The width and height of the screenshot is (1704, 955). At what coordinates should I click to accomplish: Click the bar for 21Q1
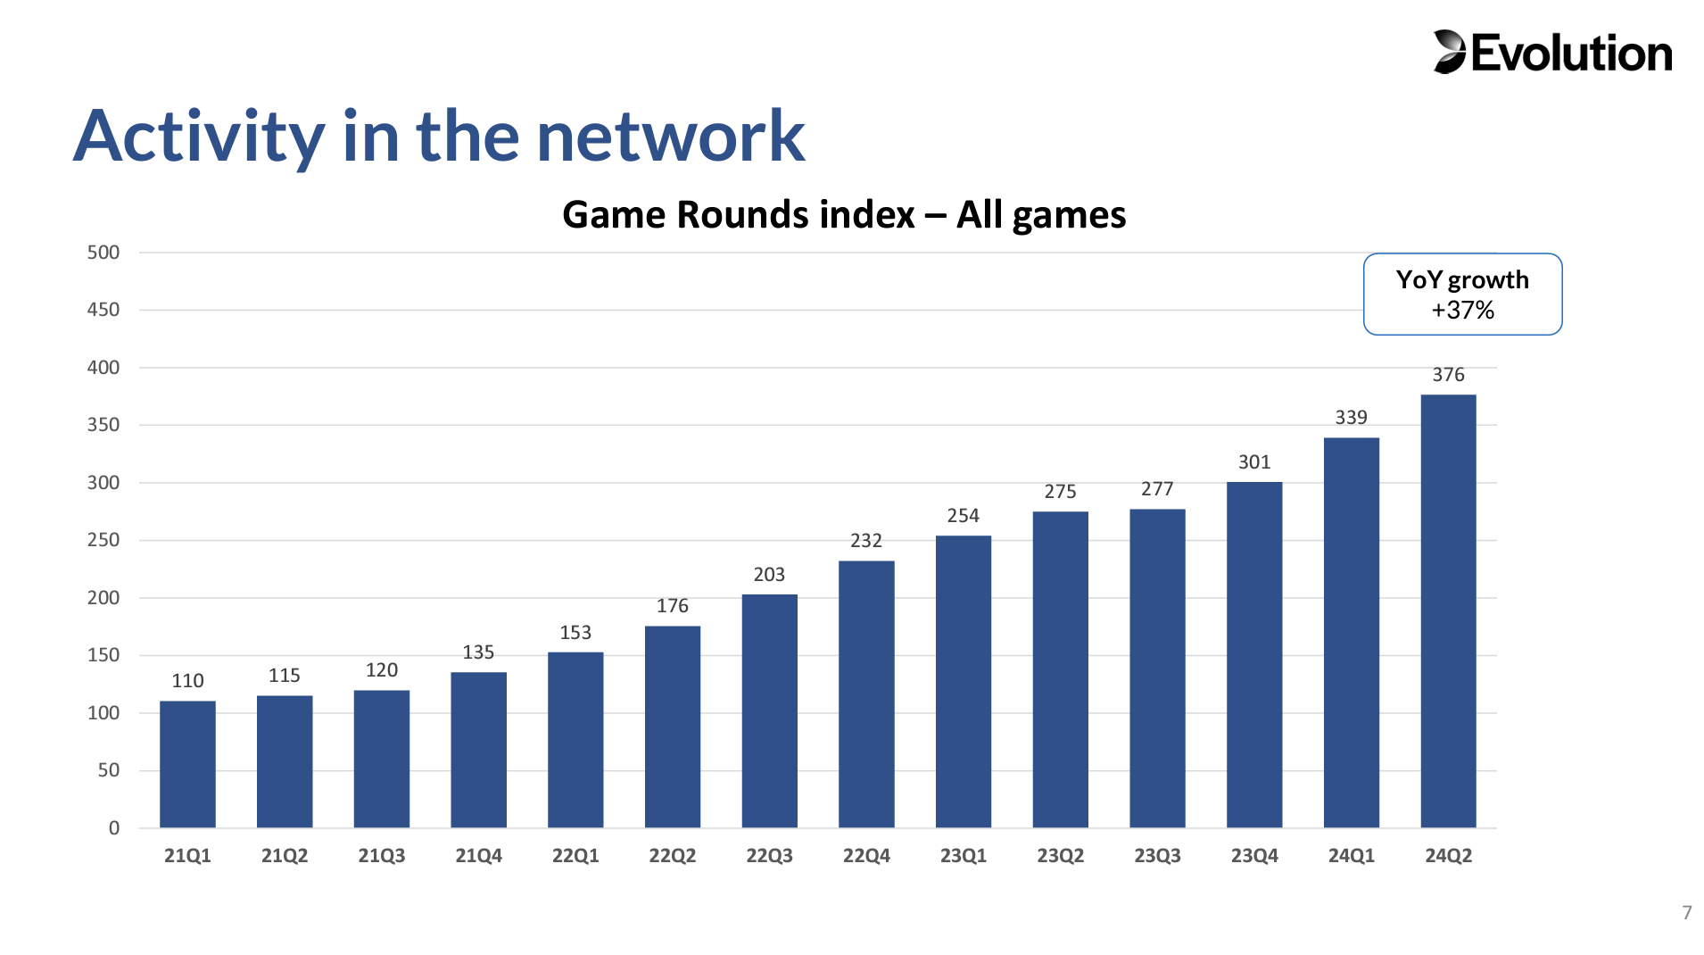(x=187, y=764)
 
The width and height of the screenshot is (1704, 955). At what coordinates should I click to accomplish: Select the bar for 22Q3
(x=769, y=710)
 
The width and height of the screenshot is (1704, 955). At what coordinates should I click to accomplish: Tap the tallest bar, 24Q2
(x=1448, y=610)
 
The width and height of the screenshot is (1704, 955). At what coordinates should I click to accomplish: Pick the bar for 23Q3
(x=1157, y=668)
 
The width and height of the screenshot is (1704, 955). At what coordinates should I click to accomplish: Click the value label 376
(x=1448, y=375)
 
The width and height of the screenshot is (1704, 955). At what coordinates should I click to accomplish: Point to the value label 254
(x=963, y=516)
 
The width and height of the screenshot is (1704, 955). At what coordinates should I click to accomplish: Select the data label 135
(x=478, y=652)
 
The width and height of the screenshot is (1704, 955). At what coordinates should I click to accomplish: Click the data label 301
(x=1254, y=462)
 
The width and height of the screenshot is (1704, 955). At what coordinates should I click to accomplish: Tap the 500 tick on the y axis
(x=103, y=253)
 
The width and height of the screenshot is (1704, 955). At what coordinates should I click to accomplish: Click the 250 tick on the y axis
(x=103, y=540)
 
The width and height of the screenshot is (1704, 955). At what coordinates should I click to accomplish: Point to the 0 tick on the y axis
(x=114, y=828)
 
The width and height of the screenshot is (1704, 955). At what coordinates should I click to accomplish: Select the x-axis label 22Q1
(x=575, y=856)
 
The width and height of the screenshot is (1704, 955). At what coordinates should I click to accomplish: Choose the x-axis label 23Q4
(x=1254, y=856)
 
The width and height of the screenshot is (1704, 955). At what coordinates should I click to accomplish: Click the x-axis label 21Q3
(x=382, y=856)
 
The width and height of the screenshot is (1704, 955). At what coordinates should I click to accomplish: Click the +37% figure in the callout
(x=1462, y=311)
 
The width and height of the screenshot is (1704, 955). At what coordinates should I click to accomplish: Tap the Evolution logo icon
(x=1450, y=52)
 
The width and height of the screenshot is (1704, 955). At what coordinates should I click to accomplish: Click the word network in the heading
(x=671, y=137)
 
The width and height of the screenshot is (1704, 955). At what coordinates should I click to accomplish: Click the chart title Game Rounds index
(x=739, y=215)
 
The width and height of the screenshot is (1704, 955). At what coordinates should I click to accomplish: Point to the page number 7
(x=1687, y=912)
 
